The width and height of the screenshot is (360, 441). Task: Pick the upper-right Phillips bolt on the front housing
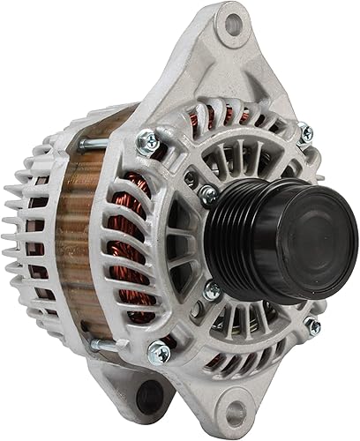coord(304,133)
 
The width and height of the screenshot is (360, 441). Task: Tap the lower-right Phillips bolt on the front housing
coord(312,326)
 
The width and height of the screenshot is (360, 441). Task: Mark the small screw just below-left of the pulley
coord(213,289)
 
